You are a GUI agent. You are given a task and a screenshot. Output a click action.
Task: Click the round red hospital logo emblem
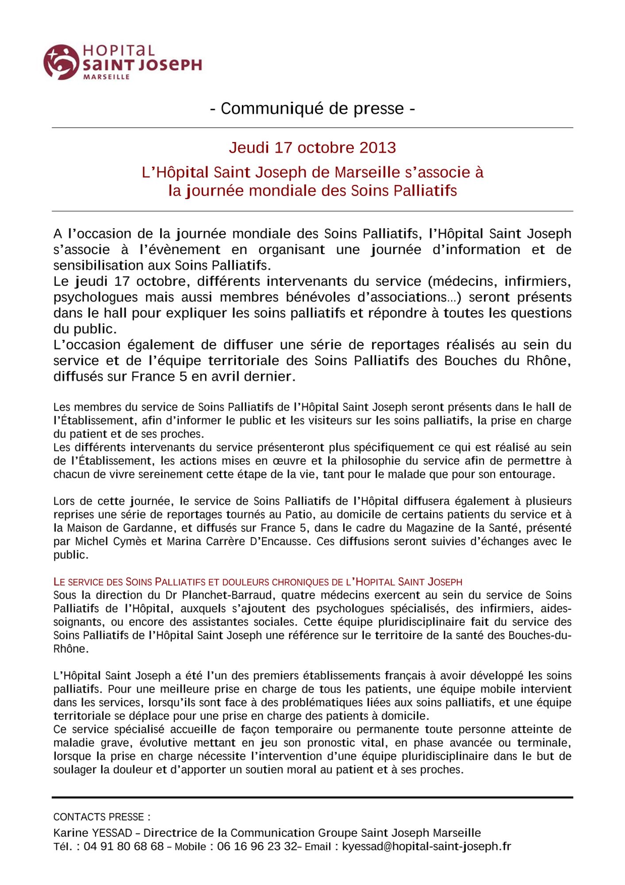pyautogui.click(x=61, y=62)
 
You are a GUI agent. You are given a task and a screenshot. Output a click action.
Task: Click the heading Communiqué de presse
pyautogui.click(x=312, y=108)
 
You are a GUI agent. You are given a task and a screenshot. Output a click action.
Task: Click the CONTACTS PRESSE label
pyautogui.click(x=102, y=816)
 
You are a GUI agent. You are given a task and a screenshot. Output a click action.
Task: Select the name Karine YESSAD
pyautogui.click(x=93, y=833)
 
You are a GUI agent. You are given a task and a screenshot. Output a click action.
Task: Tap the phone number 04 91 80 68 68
pyautogui.click(x=123, y=847)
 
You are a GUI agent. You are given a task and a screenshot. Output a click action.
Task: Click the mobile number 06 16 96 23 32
pyautogui.click(x=257, y=847)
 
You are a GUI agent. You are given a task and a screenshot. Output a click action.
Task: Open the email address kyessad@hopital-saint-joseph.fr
pyautogui.click(x=426, y=847)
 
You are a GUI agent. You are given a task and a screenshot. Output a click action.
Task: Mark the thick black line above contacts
pyautogui.click(x=312, y=797)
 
